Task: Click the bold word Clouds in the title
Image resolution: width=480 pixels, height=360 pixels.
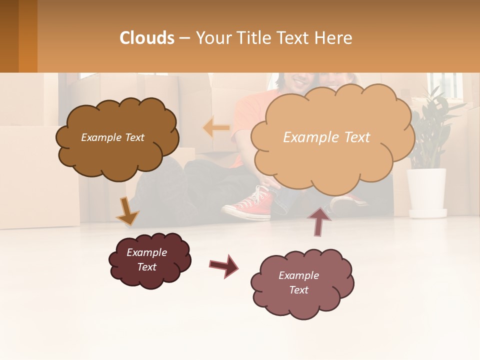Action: tap(147, 38)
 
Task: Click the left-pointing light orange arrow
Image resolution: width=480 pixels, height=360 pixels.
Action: tap(216, 128)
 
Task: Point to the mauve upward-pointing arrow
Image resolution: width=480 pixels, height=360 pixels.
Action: tap(318, 221)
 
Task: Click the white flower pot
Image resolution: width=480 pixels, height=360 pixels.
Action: tap(426, 192)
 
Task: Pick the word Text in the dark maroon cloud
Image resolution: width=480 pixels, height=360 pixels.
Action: tap(147, 267)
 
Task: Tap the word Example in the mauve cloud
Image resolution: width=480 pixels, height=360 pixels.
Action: tap(298, 275)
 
